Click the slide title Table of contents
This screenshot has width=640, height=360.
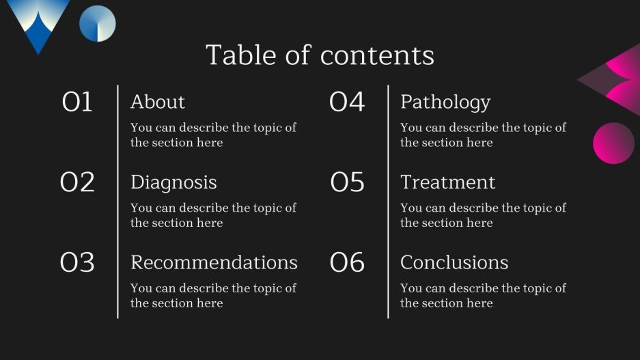pos(320,55)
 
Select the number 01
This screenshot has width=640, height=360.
pos(77,102)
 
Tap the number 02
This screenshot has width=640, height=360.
pos(77,182)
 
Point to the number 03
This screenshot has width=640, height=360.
pos(77,262)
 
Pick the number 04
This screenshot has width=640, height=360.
pos(347,102)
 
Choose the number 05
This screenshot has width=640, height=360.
pos(347,182)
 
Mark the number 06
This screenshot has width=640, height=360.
pos(347,262)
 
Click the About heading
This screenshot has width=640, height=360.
pos(158,102)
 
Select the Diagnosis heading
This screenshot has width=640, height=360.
pos(173,182)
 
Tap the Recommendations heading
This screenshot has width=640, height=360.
pos(214,262)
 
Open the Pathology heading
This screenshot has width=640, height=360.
pos(445,102)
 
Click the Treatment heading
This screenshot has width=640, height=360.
pos(447,182)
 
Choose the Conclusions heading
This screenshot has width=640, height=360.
pos(454,262)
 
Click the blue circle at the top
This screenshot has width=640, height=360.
pos(97,23)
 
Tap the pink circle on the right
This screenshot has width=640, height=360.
pos(613,143)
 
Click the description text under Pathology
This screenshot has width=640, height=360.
pos(483,135)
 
